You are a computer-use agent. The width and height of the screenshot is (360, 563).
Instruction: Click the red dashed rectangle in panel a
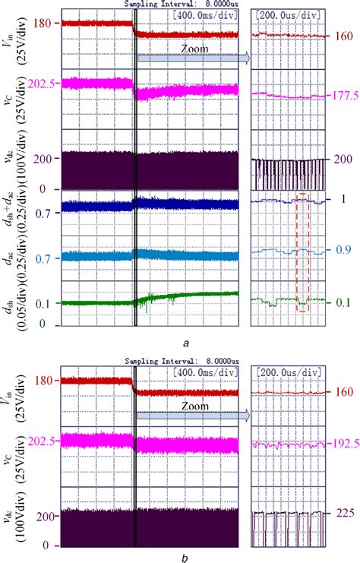coord(303,252)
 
